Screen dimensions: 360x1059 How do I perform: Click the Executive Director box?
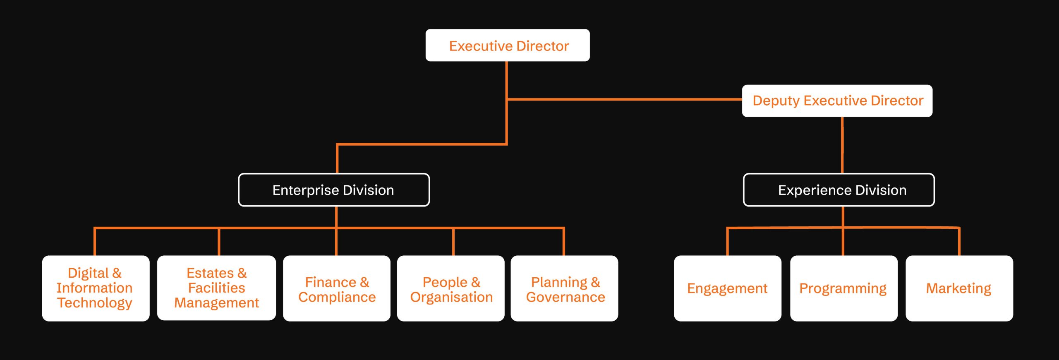[x=508, y=46]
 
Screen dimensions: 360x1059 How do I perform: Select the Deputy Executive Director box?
[x=837, y=101]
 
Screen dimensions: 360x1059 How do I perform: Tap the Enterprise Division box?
[x=334, y=190]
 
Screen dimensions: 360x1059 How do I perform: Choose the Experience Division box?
[x=839, y=190]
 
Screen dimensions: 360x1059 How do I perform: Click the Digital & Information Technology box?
[x=96, y=288]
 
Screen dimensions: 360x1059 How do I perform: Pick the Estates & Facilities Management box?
[x=216, y=288]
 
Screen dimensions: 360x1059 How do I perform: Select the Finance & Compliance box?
[x=336, y=288]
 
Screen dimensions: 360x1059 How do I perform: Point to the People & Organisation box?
[x=450, y=288]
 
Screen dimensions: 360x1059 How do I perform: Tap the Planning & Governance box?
[x=564, y=288]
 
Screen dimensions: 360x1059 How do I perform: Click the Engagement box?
[x=727, y=288]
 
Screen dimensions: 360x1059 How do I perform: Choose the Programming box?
[x=843, y=288]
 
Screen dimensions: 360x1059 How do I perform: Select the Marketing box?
[x=959, y=288]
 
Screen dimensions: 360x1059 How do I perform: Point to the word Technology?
[x=95, y=303]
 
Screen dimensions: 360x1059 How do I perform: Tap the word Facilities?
[x=216, y=288]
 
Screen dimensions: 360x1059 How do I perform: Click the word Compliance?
[x=337, y=297]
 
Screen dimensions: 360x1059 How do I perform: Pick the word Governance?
[x=565, y=297]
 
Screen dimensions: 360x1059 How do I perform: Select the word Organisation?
[x=451, y=297]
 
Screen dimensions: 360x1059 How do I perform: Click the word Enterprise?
[x=306, y=190]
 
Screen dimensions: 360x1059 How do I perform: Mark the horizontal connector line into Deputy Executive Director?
[x=625, y=99]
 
